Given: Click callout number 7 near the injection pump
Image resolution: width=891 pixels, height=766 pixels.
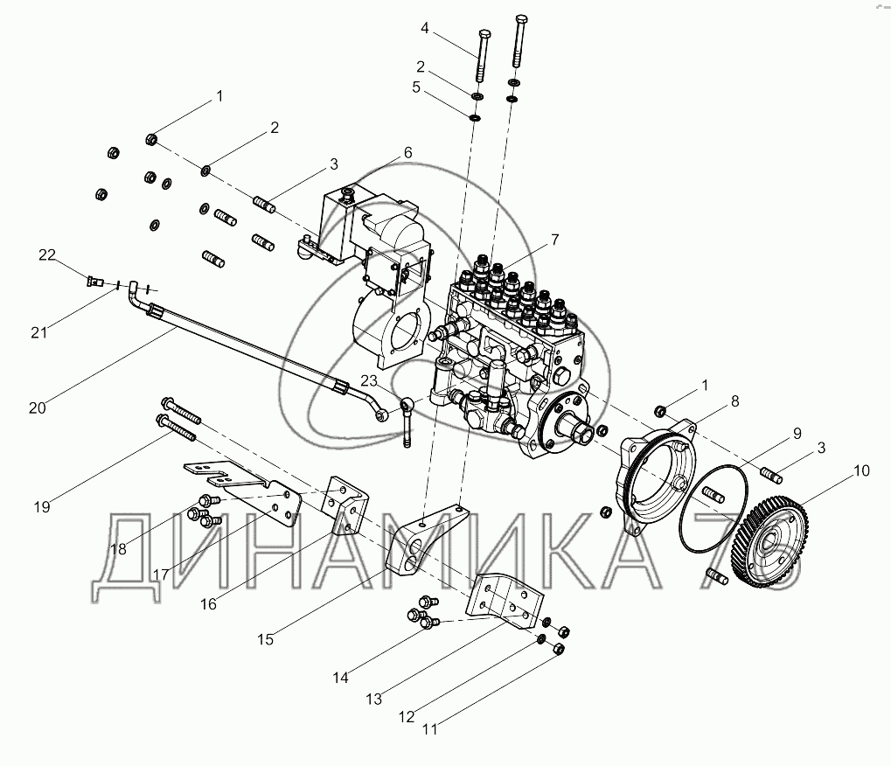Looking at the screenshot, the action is point(554,240).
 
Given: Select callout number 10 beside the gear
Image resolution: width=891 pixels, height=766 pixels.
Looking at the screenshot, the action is point(861,470).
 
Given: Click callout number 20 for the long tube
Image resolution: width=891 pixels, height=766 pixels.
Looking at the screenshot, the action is point(37,408).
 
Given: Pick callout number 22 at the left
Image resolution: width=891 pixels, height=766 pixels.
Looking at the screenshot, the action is point(46,254).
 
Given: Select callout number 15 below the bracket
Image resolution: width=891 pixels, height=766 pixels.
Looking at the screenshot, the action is point(265,639).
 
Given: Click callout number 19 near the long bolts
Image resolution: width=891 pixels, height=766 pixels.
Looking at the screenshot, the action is point(42,507).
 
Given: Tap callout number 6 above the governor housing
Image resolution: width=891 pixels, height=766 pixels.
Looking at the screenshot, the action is point(408,152).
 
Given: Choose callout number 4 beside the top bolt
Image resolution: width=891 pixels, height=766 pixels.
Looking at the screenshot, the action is point(425,28).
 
